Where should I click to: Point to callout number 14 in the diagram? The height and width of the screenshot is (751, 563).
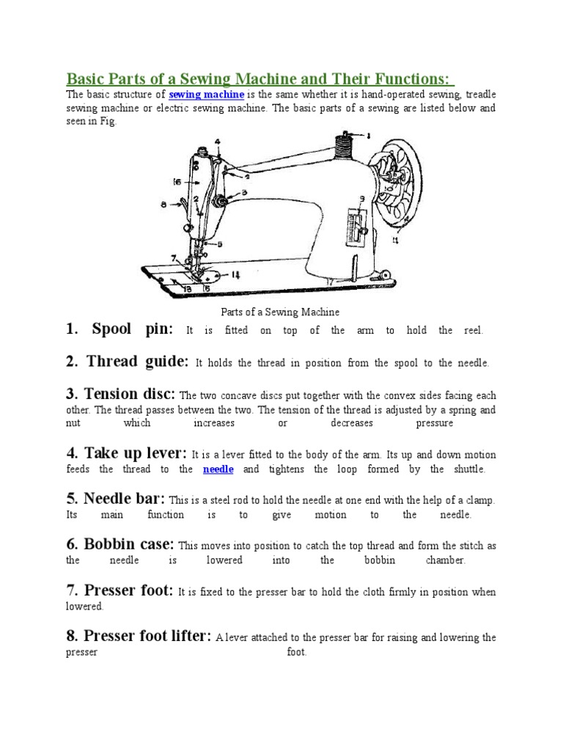pos(236,275)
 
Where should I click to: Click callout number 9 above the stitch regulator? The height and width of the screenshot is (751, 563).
pos(362,199)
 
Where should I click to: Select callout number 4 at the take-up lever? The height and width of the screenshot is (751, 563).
pos(218,142)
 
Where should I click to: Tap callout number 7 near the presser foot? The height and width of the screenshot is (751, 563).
pos(174,258)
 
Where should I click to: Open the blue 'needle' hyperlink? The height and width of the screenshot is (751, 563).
pos(218,469)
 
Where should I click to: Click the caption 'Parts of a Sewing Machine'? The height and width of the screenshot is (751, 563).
pos(281,312)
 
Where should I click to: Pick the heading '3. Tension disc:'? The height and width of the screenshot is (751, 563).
pos(121,394)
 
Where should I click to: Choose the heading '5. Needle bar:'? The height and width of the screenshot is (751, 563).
pos(116,499)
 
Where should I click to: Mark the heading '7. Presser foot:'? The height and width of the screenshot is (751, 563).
pos(119,590)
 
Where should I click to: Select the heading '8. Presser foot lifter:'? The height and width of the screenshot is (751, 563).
pos(139,636)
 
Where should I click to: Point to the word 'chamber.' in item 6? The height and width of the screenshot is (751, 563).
pos(445,560)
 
